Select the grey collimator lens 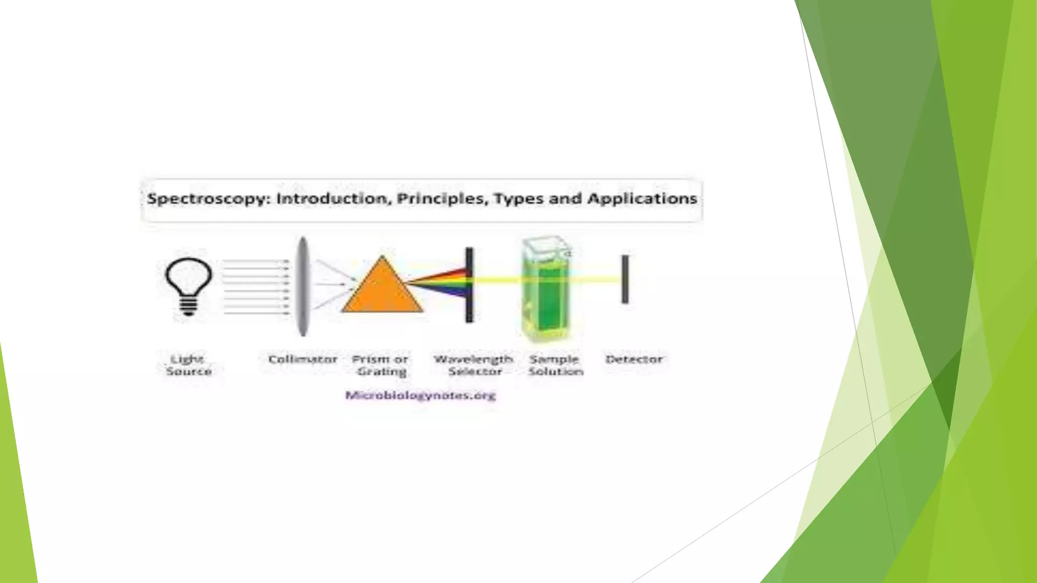[302, 286]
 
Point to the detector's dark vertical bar [625, 279]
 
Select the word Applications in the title [642, 198]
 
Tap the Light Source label [188, 365]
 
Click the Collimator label [302, 359]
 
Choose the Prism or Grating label [381, 365]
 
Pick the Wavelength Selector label [474, 365]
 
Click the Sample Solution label [555, 365]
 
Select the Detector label [634, 359]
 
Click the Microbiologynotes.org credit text [420, 395]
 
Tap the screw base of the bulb [188, 306]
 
